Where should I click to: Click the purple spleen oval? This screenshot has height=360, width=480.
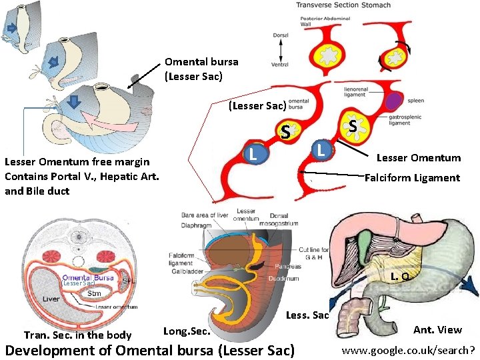[396, 102]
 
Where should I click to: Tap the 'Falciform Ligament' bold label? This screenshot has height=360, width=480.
[412, 178]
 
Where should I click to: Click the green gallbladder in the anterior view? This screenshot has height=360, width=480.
[365, 241]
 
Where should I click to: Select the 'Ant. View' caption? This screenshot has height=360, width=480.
[437, 330]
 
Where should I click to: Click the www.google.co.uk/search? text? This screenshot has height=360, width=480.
[408, 349]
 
